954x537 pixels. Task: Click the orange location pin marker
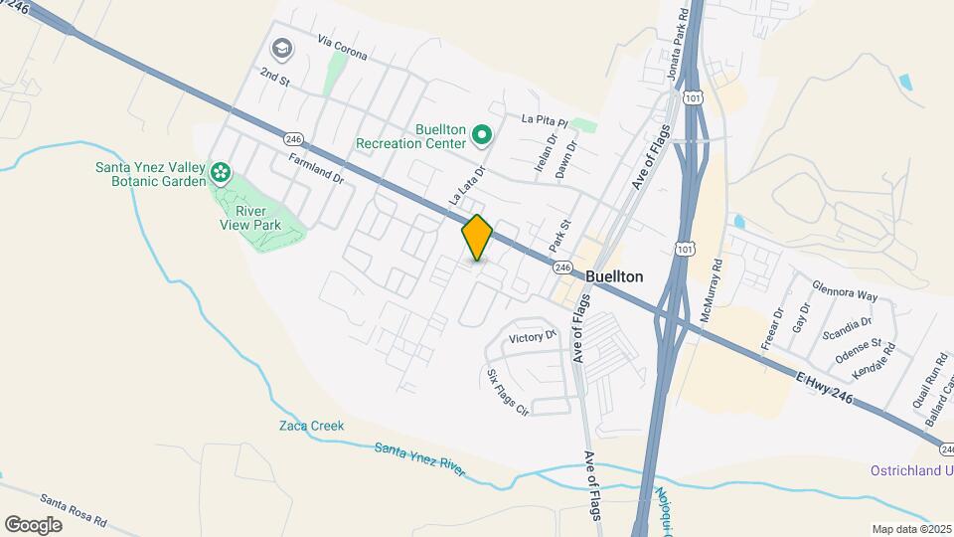point(477,238)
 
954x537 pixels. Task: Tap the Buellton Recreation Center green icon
point(482,133)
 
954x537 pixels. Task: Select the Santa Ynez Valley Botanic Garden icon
point(221,177)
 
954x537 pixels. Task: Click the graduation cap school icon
point(281,48)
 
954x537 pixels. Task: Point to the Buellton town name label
point(614,276)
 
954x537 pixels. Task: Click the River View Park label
point(250,218)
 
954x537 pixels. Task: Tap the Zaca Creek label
point(311,426)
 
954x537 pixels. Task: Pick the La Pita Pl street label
point(544,119)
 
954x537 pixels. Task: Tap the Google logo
point(33,524)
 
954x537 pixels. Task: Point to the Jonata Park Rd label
point(678,45)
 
